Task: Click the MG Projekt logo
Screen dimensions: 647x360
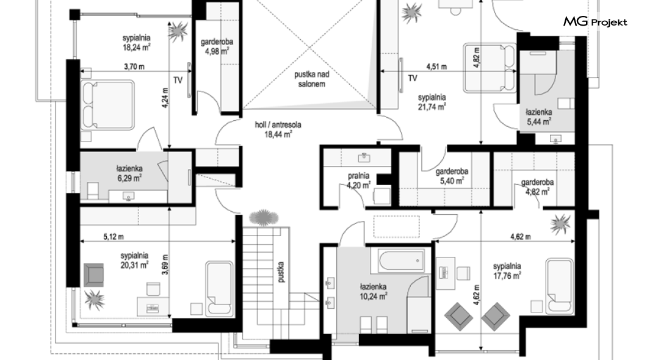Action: click(595, 22)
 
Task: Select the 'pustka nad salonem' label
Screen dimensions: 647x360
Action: click(311, 79)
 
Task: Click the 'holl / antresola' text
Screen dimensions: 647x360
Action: click(278, 124)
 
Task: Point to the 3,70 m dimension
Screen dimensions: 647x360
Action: click(134, 67)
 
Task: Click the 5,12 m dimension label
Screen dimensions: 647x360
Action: click(113, 237)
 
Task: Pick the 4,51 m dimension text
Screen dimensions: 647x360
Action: click(436, 67)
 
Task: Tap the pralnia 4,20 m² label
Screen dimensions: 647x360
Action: click(358, 181)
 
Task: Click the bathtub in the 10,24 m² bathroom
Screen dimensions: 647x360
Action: click(401, 260)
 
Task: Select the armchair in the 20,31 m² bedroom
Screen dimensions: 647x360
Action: click(93, 275)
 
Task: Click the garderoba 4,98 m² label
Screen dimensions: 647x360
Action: click(217, 46)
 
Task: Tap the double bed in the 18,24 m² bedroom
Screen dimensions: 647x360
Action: click(108, 105)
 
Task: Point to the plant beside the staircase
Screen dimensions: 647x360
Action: click(264, 217)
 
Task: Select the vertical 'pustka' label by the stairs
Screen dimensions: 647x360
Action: click(281, 272)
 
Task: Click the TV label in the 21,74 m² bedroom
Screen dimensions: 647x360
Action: click(412, 78)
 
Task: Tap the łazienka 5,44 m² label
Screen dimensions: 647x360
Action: click(538, 117)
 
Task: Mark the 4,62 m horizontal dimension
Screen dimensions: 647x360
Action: click(520, 237)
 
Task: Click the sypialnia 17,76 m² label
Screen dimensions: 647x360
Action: click(507, 271)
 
